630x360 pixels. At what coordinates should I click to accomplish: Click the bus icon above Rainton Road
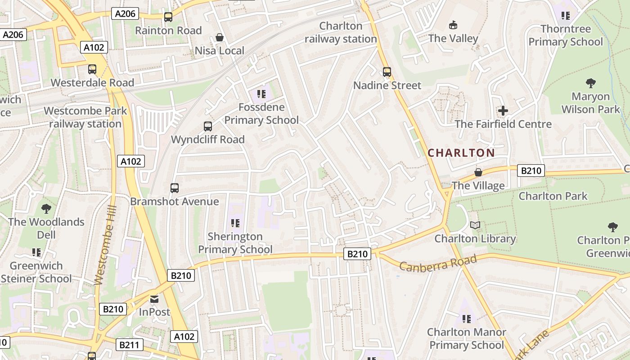(168, 17)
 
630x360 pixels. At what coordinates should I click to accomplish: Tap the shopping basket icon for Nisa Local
(220, 37)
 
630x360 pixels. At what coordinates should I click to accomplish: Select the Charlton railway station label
(341, 32)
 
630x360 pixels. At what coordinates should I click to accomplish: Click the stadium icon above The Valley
(453, 25)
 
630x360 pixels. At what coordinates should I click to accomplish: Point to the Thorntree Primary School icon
(566, 16)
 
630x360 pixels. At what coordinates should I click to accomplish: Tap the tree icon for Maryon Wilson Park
(591, 83)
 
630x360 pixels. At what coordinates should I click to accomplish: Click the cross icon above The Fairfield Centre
(503, 110)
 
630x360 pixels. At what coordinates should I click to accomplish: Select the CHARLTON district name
(461, 153)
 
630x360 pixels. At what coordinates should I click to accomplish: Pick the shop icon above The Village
(478, 172)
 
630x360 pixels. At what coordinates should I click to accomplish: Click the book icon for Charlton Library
(475, 225)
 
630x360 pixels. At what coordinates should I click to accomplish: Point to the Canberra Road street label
(438, 263)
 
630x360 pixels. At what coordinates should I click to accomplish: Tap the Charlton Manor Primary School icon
(467, 319)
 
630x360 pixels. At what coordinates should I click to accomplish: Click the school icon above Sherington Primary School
(235, 223)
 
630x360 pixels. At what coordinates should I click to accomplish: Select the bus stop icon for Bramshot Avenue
(175, 188)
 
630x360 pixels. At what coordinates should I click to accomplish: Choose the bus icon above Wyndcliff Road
(208, 126)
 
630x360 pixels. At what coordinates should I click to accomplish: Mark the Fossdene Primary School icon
(261, 94)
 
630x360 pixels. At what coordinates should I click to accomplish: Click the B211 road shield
(130, 345)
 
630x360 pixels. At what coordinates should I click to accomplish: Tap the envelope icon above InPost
(154, 299)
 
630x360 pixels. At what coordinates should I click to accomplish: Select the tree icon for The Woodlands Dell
(46, 208)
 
